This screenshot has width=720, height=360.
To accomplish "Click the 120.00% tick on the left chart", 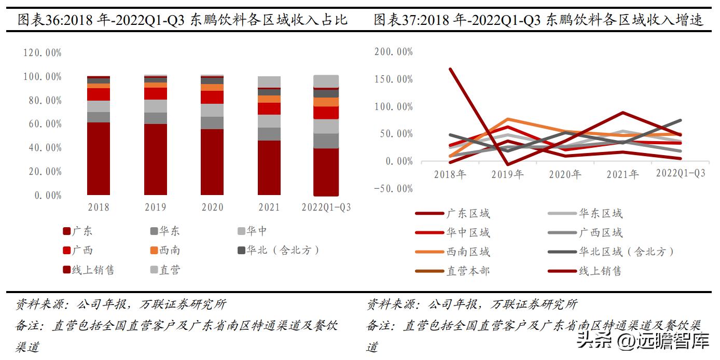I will tap(43, 52).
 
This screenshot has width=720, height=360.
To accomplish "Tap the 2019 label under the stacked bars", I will tap(156, 207).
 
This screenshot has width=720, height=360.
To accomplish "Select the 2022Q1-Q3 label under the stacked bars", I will tap(326, 207).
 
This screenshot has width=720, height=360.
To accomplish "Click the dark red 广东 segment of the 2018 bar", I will tap(99, 158).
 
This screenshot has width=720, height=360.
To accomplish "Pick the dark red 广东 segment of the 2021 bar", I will tap(269, 167).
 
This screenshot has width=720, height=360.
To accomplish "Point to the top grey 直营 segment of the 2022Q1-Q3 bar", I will tap(326, 81).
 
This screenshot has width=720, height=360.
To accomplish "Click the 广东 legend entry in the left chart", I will tap(78, 231).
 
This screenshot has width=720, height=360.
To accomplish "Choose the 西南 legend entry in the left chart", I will tap(165, 251).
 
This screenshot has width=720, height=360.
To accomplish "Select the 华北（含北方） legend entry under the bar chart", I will tap(278, 251).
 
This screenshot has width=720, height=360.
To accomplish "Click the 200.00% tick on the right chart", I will tap(393, 52).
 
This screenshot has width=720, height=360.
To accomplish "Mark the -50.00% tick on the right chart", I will tap(393, 188).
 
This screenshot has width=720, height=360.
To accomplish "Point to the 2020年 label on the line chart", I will tap(565, 174).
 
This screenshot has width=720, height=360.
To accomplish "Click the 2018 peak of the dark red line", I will tap(450, 69).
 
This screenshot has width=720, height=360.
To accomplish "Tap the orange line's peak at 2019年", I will tap(508, 119).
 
